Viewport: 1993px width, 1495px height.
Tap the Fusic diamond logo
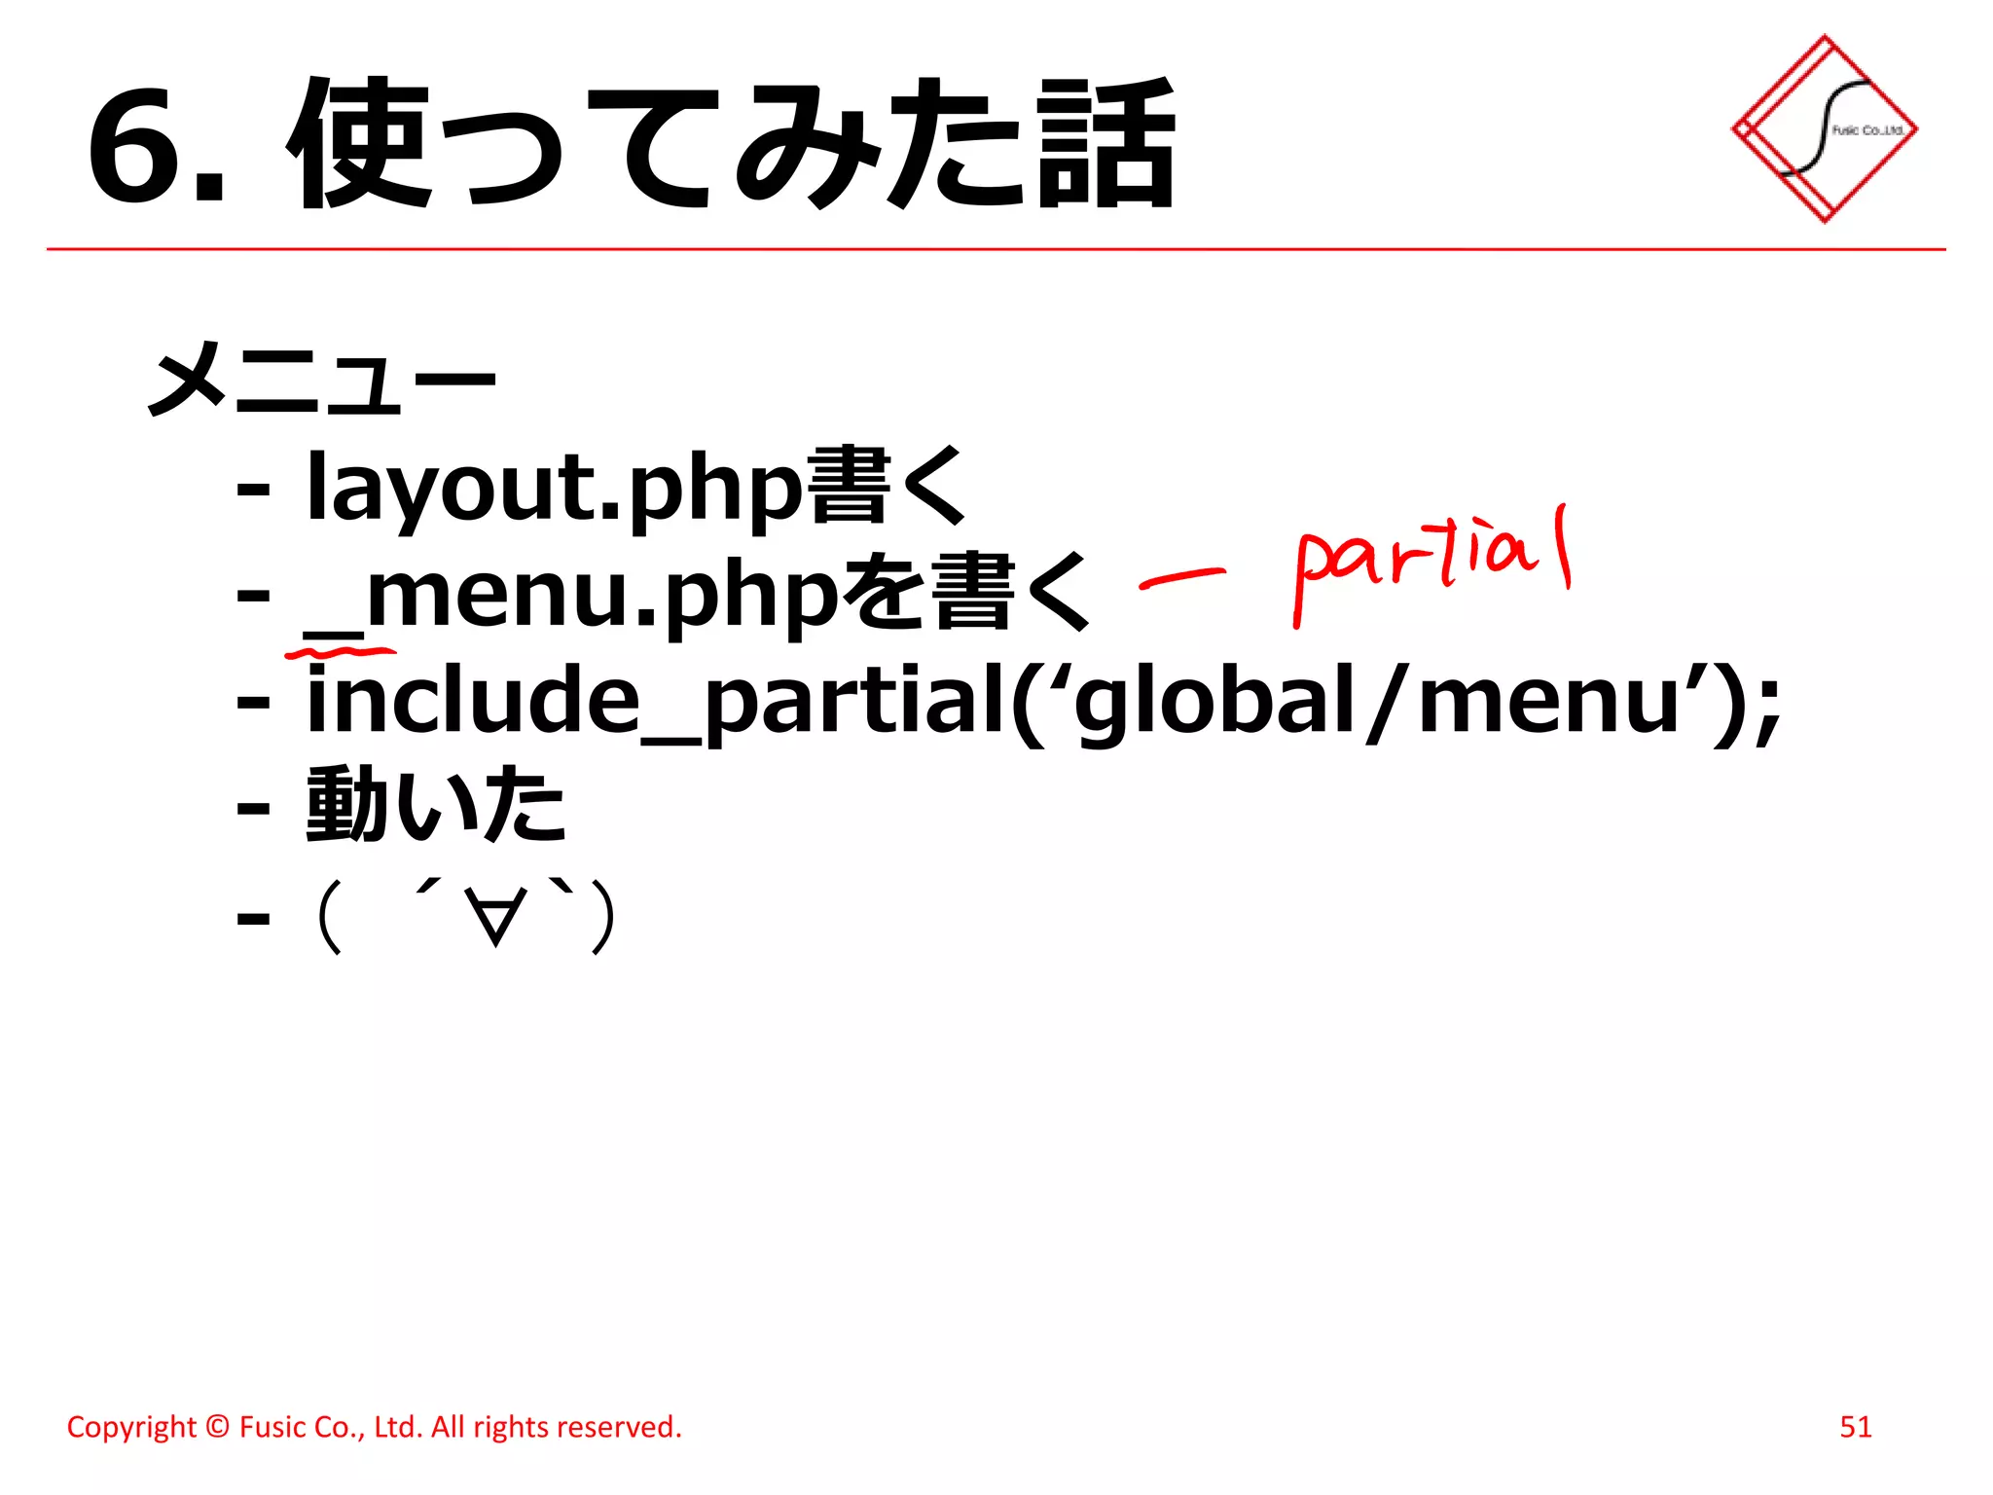tap(1825, 128)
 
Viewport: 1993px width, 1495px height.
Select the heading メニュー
tap(321, 380)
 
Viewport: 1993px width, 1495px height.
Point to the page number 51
tap(1855, 1427)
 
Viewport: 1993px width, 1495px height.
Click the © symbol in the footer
tap(218, 1427)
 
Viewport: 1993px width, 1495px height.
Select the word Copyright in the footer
tap(131, 1427)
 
